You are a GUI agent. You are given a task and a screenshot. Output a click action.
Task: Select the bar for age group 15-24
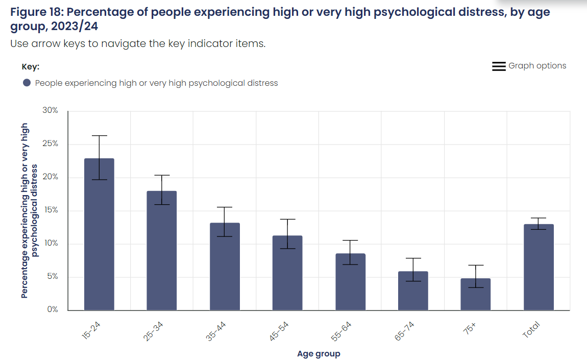[x=99, y=234]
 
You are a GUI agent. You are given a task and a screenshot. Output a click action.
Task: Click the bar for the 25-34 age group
[x=162, y=251]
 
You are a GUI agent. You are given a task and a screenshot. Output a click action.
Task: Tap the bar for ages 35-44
[x=225, y=267]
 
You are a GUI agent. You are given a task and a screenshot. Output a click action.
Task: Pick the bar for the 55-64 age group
[x=350, y=282]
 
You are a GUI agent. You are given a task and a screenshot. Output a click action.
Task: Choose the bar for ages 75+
[x=475, y=294]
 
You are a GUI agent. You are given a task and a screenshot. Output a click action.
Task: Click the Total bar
[x=539, y=267]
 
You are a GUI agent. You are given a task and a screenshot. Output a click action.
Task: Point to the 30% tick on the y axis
[x=50, y=110]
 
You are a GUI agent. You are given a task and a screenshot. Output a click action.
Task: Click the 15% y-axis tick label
[x=51, y=210]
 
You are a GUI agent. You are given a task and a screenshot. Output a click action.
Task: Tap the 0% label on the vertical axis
[x=53, y=309]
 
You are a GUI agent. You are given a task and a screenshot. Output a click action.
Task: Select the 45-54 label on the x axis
[x=279, y=331]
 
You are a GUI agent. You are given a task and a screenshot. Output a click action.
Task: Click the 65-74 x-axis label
[x=405, y=331]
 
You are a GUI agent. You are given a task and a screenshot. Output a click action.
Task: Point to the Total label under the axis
[x=531, y=330]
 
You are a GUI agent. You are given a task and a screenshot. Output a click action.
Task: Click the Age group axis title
[x=319, y=354]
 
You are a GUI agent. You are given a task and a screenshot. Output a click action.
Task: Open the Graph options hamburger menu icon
[x=499, y=66]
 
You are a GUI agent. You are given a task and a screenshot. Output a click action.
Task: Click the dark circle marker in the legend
[x=27, y=83]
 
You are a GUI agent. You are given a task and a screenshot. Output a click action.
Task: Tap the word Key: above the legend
[x=30, y=67]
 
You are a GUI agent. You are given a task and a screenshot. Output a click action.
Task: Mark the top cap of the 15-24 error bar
[x=99, y=136]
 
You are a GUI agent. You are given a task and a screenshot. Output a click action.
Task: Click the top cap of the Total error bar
[x=539, y=218]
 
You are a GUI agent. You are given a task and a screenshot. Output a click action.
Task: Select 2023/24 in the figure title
[x=75, y=26]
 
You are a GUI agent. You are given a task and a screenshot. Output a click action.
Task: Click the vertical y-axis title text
[x=29, y=210]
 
